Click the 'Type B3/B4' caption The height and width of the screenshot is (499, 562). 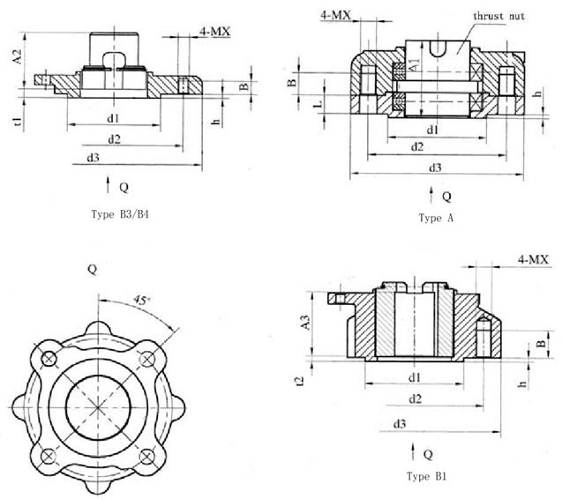[x=121, y=214]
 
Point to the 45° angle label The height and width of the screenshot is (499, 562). [x=139, y=302]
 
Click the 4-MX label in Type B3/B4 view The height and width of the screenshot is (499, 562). [x=214, y=31]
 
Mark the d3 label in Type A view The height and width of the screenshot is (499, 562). [x=434, y=167]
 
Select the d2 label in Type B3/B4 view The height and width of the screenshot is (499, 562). [x=115, y=138]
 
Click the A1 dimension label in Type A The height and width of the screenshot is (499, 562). [x=414, y=64]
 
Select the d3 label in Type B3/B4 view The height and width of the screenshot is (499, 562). [x=94, y=158]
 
